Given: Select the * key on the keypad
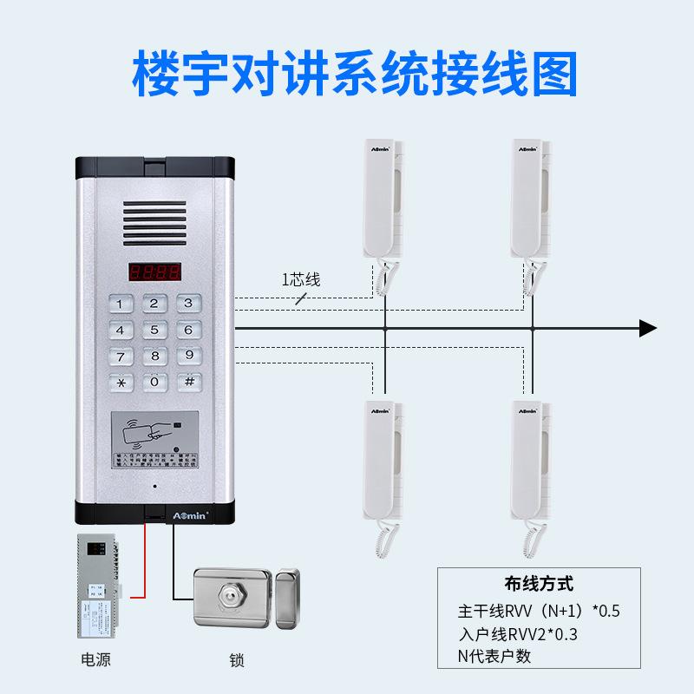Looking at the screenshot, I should [x=121, y=382].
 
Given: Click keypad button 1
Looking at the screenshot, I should [x=121, y=304].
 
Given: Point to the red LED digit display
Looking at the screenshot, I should [x=155, y=272].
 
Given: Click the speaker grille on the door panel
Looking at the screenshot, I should [x=154, y=217].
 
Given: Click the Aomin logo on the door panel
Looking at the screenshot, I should [x=155, y=514].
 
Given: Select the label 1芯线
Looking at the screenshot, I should [x=300, y=279].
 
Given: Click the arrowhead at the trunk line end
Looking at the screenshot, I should [x=647, y=328].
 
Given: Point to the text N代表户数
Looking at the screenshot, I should [x=494, y=655].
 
